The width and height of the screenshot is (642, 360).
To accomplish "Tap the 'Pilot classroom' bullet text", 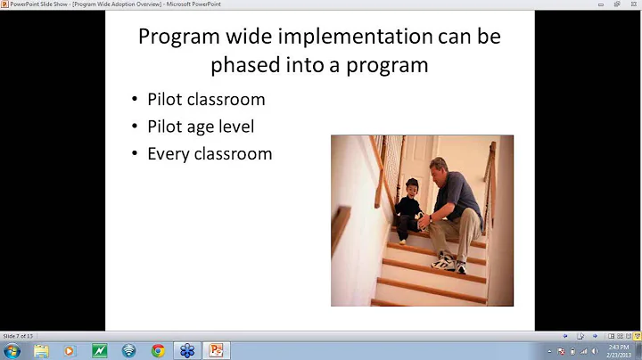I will [x=206, y=99].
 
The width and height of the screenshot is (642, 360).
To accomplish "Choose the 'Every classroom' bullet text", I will [x=210, y=153].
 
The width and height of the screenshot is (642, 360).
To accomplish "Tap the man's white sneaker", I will [x=445, y=263].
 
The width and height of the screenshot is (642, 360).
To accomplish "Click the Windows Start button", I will [x=12, y=350].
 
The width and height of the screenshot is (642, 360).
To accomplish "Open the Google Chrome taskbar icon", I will [x=158, y=350].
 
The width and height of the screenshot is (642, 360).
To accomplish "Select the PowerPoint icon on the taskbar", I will [x=215, y=350].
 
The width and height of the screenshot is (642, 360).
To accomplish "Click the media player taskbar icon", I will [x=70, y=350].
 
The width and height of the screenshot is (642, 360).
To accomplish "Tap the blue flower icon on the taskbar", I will [x=186, y=350].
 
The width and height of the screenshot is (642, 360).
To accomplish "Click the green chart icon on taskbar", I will [x=100, y=350].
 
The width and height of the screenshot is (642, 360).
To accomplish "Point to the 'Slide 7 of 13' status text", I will [x=18, y=335].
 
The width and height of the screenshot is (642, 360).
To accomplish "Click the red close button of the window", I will [x=630, y=4].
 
